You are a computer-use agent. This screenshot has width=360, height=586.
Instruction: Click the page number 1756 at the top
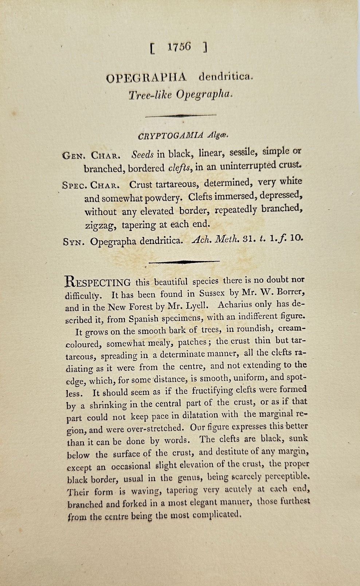pos(179,47)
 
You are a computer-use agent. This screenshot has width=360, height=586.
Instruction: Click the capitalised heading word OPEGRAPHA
pos(146,78)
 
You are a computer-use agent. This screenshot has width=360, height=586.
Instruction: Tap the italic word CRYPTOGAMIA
pos(171,136)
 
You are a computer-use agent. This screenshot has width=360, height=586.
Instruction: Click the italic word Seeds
pos(143,154)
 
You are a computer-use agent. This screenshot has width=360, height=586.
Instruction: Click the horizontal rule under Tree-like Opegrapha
pos(181,115)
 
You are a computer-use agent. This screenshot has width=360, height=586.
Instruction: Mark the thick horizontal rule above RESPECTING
pos(184,261)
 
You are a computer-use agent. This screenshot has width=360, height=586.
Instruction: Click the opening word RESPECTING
pos(98,282)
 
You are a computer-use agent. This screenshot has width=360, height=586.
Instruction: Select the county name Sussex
pos(212,293)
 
